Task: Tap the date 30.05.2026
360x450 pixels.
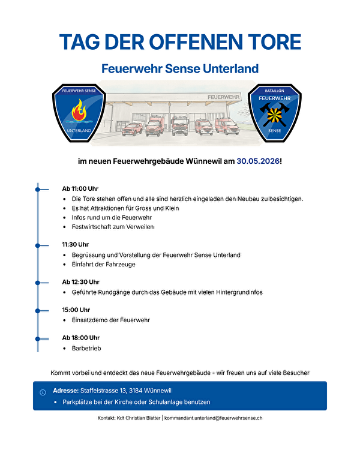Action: pos(258,161)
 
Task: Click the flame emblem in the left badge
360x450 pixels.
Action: pos(79,111)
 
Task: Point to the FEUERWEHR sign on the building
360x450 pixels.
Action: pos(224,97)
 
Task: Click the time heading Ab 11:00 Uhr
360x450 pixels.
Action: pos(80,188)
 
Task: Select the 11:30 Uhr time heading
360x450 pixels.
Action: pos(75,244)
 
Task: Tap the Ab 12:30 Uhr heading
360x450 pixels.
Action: pos(80,281)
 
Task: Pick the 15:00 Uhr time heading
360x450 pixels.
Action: pos(76,310)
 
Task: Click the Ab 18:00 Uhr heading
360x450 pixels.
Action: pos(80,337)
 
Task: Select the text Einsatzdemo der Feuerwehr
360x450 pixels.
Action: pos(110,320)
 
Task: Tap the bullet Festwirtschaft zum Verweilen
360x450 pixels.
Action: pos(112,227)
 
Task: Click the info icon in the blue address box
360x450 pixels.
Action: pos(43,392)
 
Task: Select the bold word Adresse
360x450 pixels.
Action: pos(66,391)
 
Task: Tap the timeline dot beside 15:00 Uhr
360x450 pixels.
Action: pos(38,310)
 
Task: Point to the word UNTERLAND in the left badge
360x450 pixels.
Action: pos(79,130)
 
